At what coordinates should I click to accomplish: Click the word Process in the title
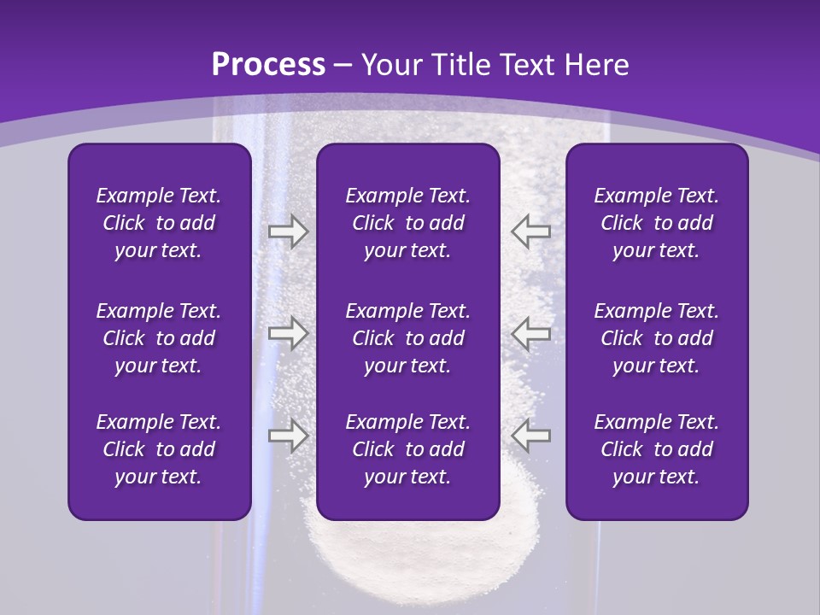pyautogui.click(x=268, y=65)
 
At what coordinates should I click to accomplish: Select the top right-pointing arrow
pyautogui.click(x=288, y=231)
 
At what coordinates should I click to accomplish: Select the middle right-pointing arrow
pyautogui.click(x=288, y=332)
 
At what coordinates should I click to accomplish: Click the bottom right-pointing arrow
pyautogui.click(x=288, y=435)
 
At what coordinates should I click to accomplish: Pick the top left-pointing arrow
pyautogui.click(x=531, y=231)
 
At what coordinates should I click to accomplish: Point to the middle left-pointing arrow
pyautogui.click(x=531, y=332)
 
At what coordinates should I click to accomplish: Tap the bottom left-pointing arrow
pyautogui.click(x=531, y=435)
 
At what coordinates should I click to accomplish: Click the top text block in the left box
pyautogui.click(x=159, y=223)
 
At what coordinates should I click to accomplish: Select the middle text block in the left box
pyautogui.click(x=159, y=338)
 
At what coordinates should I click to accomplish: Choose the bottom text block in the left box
pyautogui.click(x=159, y=449)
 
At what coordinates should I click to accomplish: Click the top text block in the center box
pyautogui.click(x=407, y=223)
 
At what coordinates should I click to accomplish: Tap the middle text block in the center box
pyautogui.click(x=407, y=338)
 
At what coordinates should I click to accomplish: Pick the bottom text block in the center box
pyautogui.click(x=407, y=449)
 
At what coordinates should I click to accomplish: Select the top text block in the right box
pyautogui.click(x=656, y=223)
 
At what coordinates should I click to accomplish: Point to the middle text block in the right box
pyautogui.click(x=656, y=338)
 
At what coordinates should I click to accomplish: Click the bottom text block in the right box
pyautogui.click(x=656, y=449)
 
